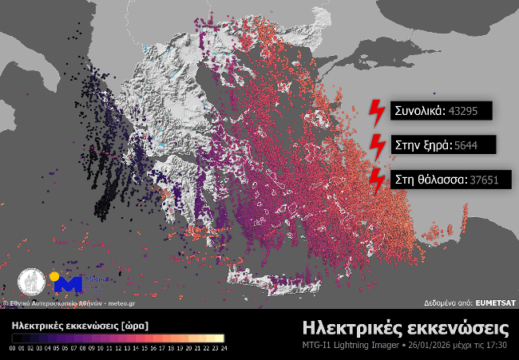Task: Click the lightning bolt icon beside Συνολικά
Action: (x=375, y=112)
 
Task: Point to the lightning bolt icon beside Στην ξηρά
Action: (x=375, y=145)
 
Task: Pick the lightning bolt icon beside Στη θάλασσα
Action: (x=375, y=180)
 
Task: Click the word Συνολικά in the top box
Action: (x=418, y=111)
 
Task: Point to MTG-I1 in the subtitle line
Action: (x=318, y=346)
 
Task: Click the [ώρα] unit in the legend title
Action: (x=131, y=326)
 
